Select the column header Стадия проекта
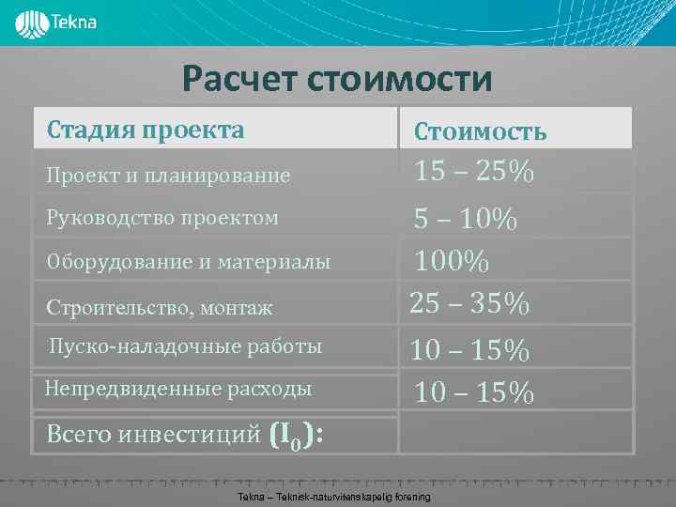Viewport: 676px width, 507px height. [x=146, y=130]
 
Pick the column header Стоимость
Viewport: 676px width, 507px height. [x=480, y=131]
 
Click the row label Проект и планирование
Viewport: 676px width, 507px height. [x=169, y=175]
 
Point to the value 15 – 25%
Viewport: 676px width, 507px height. [x=475, y=172]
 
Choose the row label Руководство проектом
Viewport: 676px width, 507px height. [x=162, y=218]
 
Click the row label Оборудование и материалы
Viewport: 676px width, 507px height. [x=189, y=262]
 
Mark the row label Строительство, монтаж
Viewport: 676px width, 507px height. [x=160, y=307]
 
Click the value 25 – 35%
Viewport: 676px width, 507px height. [x=469, y=304]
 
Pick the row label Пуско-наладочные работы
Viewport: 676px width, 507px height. [x=185, y=346]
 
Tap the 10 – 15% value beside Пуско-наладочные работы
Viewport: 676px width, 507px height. [x=470, y=350]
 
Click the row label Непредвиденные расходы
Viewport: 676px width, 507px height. [x=178, y=388]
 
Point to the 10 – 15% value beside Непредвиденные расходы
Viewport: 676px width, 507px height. [x=475, y=392]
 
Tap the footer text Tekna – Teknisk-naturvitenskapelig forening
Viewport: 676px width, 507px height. [x=334, y=496]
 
